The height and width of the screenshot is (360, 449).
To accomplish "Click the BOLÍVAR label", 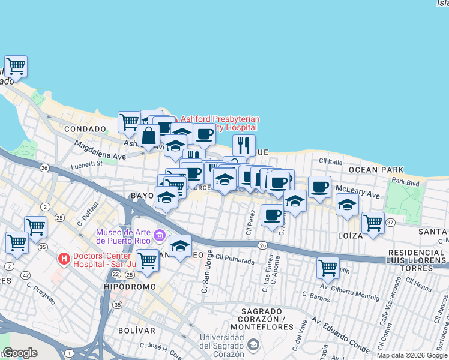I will (136, 330).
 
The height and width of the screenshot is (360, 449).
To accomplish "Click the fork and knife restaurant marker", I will (244, 145).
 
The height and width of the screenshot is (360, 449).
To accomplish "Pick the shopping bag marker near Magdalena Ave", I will (148, 136).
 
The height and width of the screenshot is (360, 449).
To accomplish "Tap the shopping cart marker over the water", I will (16, 65).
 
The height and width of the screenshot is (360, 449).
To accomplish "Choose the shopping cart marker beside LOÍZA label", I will (373, 223).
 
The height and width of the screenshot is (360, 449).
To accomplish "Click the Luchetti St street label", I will (87, 163).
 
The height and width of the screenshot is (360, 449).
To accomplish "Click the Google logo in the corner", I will (20, 353).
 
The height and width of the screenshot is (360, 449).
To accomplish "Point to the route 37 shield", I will (391, 223).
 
